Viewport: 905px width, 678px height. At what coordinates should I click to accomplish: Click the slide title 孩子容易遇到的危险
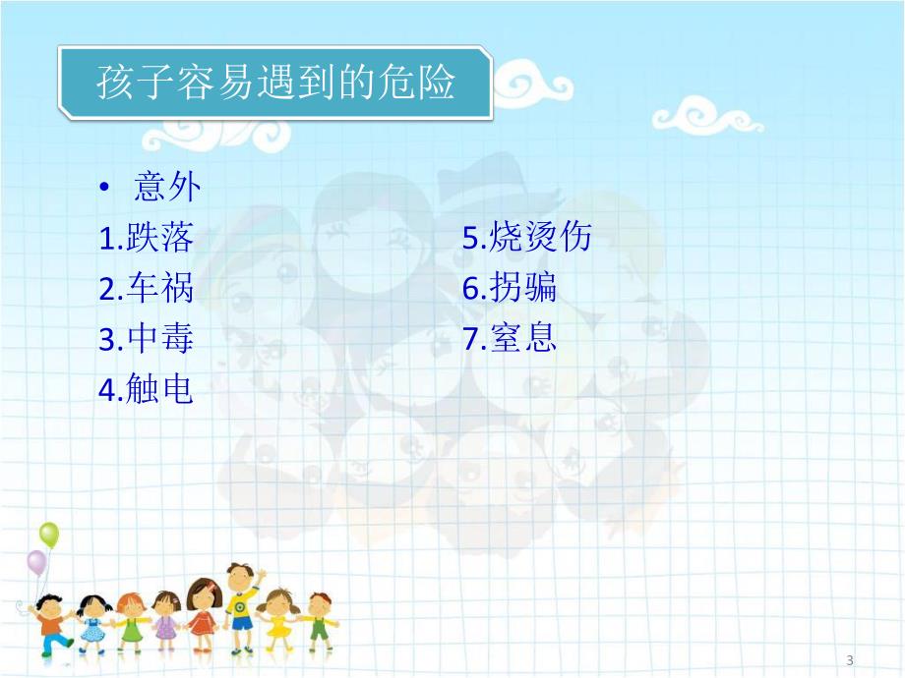click(x=275, y=84)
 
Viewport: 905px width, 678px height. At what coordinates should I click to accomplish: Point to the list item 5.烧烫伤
click(x=527, y=238)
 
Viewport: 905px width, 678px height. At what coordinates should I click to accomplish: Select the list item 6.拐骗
click(x=510, y=289)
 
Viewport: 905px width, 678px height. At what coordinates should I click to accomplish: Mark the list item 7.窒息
click(x=510, y=340)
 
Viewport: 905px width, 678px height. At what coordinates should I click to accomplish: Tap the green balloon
click(x=49, y=536)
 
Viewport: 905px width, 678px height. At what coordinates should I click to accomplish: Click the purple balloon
click(x=36, y=563)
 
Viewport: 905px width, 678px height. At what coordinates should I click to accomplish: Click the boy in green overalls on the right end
click(x=319, y=621)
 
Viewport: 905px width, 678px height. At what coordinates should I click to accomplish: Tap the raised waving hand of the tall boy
click(x=262, y=574)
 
